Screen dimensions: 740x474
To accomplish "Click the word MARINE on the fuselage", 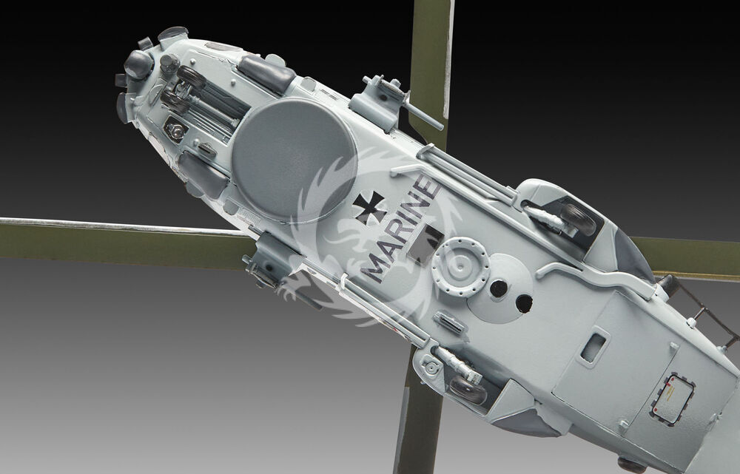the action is pyautogui.click(x=400, y=229).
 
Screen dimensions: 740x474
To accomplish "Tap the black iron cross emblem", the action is pyautogui.click(x=369, y=208).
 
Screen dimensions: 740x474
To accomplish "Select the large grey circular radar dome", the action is pyautogui.click(x=294, y=160).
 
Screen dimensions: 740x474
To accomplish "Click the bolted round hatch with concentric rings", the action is pyautogui.click(x=460, y=267).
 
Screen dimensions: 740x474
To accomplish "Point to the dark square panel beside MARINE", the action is pyautogui.click(x=425, y=243).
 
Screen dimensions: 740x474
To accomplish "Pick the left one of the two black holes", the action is pyautogui.click(x=498, y=288).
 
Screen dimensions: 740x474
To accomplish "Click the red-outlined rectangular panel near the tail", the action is pyautogui.click(x=672, y=399).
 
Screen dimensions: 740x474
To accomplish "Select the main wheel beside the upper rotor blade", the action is pyautogui.click(x=578, y=219).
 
